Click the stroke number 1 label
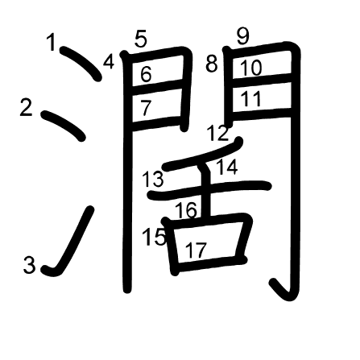coord(51,42)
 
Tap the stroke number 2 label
coord(27,108)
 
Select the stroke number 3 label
coord(29,265)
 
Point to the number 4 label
coord(109,61)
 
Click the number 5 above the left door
coord(141,39)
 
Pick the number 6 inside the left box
coord(146,73)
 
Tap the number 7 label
coord(146,108)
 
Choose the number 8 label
coord(212,64)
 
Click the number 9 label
coord(243,36)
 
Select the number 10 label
coord(250,68)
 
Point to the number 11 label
coord(251,98)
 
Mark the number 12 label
coord(218,133)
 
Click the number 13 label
coord(152,179)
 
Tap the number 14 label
coord(227,167)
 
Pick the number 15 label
coord(154,237)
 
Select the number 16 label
coord(187,210)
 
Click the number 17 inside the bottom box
coord(197,250)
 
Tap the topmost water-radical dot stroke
coord(81,64)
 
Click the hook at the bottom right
coord(285,292)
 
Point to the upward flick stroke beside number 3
coord(72,242)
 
